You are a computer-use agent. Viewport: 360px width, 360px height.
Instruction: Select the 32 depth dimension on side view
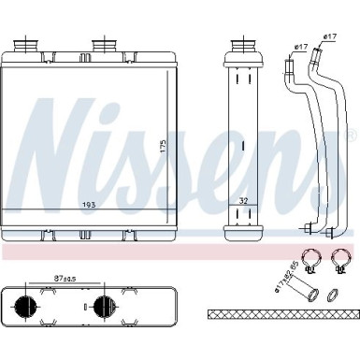243,200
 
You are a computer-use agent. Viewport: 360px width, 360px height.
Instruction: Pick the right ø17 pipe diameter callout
329,36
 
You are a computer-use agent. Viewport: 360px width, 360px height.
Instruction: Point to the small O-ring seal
333,296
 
